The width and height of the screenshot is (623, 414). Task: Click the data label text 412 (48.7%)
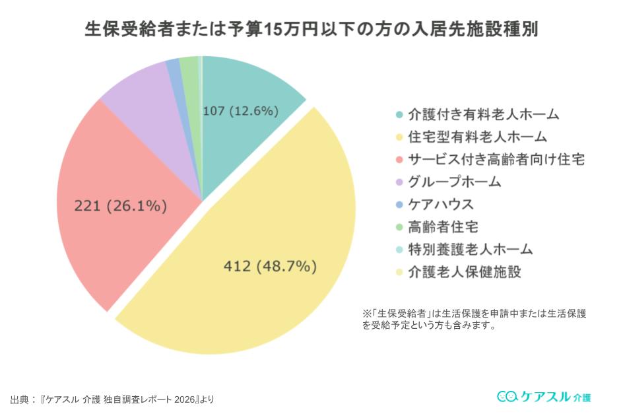tap(270, 267)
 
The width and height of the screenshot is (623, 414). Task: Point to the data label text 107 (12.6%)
tap(240, 111)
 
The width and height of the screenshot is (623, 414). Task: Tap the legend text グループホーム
tap(455, 182)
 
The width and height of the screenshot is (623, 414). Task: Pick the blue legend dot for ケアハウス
tap(399, 205)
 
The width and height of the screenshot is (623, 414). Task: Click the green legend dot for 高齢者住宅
tap(399, 227)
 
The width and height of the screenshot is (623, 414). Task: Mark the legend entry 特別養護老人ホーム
tap(470, 250)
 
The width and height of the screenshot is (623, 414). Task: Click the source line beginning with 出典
tap(112, 399)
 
